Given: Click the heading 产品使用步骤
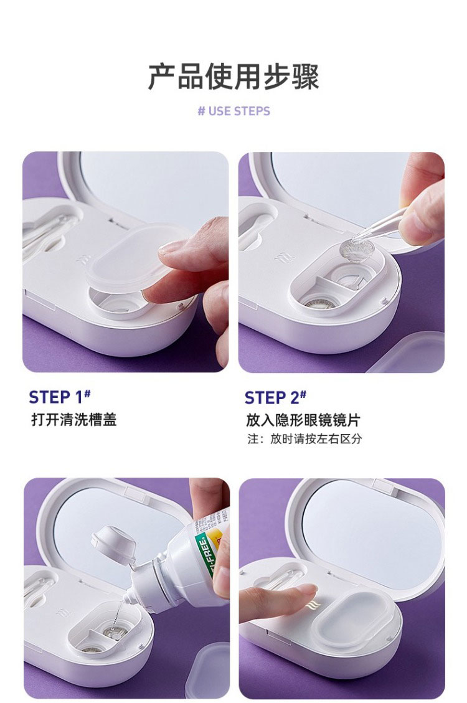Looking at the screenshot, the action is (233, 77).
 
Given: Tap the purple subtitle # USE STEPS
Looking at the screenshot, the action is (233, 111).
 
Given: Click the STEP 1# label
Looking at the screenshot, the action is (60, 397).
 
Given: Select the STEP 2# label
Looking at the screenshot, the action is (275, 397).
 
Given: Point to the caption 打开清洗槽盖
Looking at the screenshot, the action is (74, 420).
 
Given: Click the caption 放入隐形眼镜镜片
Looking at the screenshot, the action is (303, 420).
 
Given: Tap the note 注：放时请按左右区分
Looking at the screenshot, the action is (304, 438).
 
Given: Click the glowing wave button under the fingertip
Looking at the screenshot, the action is (311, 605).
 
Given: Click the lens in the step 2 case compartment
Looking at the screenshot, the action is (319, 303).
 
